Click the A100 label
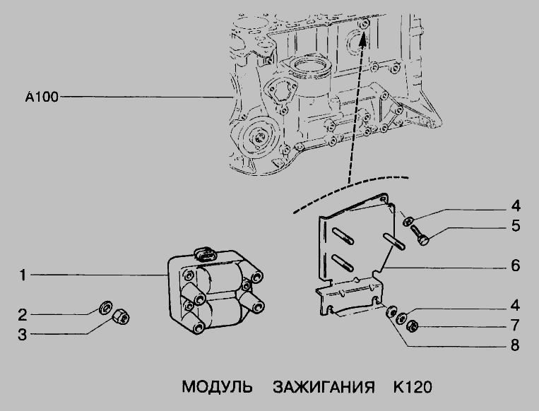(42, 97)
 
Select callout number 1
(23, 275)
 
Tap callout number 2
(23, 315)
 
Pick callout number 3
(23, 334)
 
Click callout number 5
(516, 226)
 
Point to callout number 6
(515, 266)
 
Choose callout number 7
(514, 325)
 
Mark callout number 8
(514, 345)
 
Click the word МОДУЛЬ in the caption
(217, 387)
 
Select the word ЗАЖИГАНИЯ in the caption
(324, 387)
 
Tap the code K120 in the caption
(413, 387)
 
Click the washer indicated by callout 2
(105, 307)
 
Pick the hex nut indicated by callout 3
(122, 316)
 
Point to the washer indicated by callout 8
(391, 312)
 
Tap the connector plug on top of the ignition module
(206, 254)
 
